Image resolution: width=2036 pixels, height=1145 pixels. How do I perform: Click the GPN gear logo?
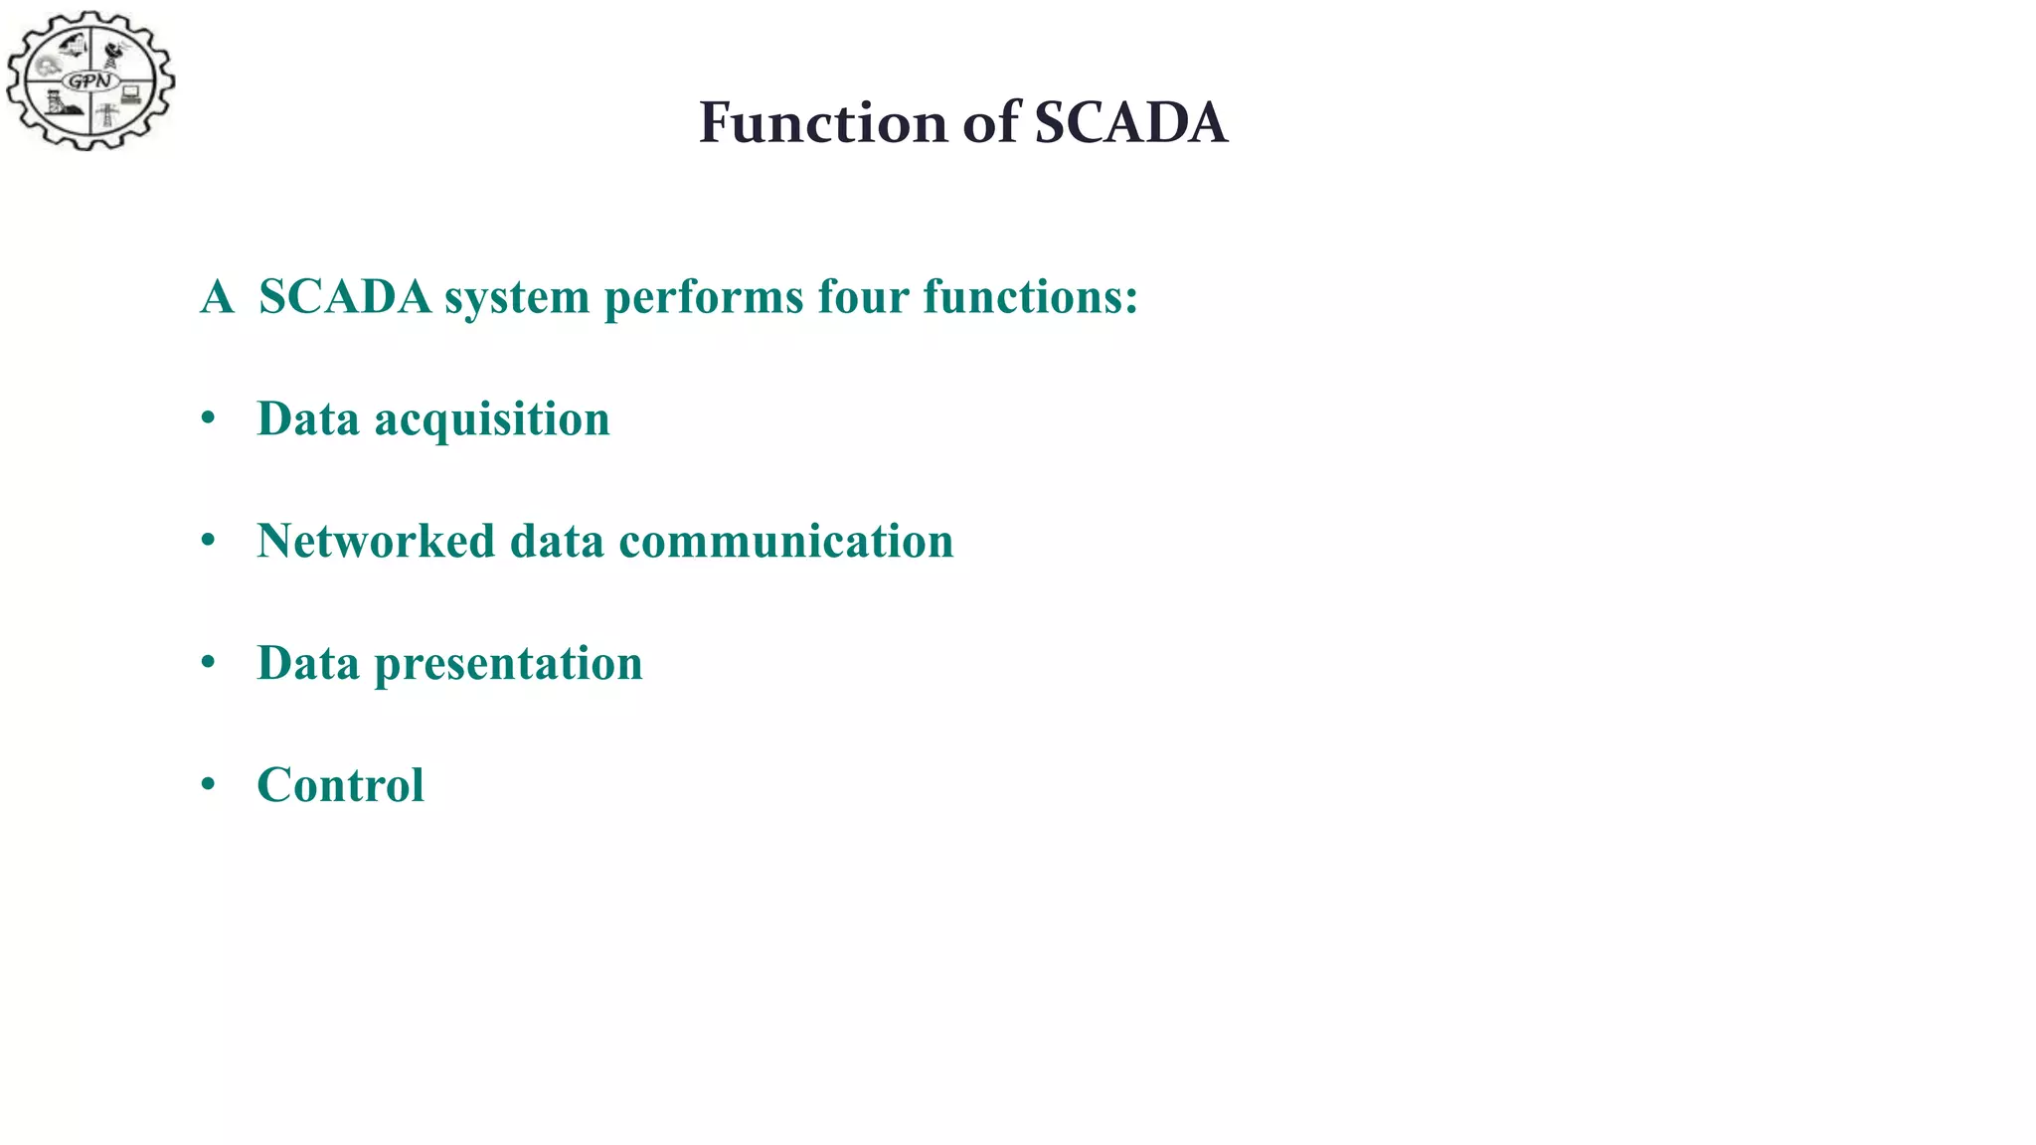(x=90, y=81)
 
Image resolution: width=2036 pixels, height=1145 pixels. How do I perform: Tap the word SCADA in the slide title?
(x=1130, y=123)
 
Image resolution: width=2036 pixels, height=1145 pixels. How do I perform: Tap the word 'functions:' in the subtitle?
(x=1030, y=296)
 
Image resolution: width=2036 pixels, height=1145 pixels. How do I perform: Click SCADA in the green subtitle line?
(x=345, y=296)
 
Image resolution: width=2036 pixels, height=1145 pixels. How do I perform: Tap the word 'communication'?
(x=785, y=541)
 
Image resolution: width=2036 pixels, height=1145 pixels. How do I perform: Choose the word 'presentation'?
(x=508, y=664)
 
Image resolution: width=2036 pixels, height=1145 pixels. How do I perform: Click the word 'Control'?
(x=340, y=785)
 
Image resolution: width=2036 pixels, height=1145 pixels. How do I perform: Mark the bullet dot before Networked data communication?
(x=208, y=542)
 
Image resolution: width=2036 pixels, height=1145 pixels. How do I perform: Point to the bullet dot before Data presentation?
(x=208, y=663)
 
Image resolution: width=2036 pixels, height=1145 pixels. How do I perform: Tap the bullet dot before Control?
(x=208, y=785)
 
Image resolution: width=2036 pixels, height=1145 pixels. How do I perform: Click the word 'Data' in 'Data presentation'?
(x=307, y=663)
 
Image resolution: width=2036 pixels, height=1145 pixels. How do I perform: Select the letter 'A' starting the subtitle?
(x=217, y=296)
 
